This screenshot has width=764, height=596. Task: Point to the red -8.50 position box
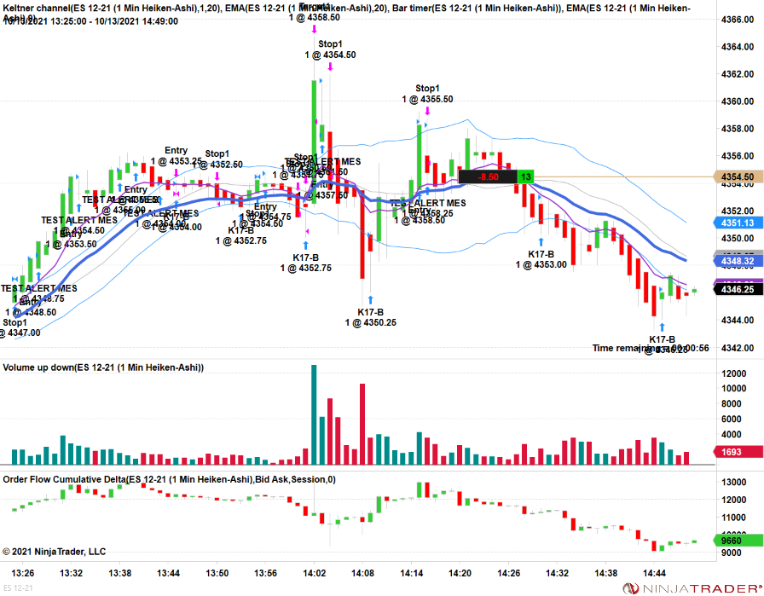pos(488,177)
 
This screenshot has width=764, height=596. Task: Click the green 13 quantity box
pos(525,177)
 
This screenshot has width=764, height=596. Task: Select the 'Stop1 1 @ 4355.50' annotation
pos(427,94)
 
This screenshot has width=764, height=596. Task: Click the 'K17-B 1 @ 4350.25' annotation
pos(370,317)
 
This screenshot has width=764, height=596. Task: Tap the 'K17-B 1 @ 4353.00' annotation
pos(541,259)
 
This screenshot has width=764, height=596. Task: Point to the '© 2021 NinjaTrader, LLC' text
pos(55,552)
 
